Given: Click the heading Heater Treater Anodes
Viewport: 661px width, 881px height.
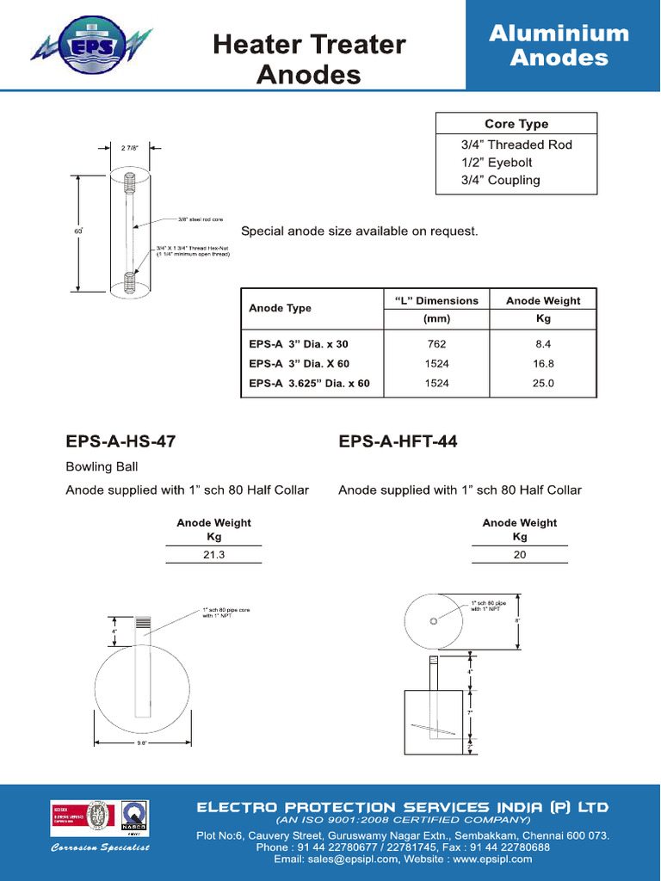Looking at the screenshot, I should (309, 59).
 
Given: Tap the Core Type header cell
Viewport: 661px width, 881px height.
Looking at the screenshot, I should (516, 124).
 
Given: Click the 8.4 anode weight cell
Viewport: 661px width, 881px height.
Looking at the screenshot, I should (543, 344).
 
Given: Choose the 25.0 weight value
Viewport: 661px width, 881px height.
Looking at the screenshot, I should (543, 384).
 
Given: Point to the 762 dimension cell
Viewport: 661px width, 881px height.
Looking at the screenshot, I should (436, 344).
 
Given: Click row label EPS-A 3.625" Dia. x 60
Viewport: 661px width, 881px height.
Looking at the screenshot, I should (309, 384).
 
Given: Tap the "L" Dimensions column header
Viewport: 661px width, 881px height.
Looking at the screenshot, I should (436, 301).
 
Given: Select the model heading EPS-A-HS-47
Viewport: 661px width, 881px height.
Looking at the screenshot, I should (120, 442).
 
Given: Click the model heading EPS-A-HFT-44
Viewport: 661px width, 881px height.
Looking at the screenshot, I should (398, 442).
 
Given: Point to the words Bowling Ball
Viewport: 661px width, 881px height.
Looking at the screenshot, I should (102, 467).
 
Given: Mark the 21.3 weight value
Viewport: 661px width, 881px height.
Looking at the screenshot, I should (213, 556).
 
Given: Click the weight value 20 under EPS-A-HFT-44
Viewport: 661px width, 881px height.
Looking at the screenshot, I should (520, 556).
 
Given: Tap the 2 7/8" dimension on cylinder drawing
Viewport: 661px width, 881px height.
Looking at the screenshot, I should (129, 147).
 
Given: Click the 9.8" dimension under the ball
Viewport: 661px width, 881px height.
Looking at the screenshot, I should (141, 742).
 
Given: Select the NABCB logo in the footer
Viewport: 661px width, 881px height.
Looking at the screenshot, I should (134, 819).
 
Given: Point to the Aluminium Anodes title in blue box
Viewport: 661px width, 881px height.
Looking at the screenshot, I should (559, 46).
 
